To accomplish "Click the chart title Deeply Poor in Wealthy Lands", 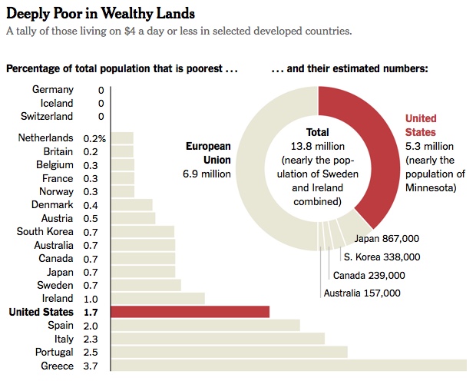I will click(x=101, y=13).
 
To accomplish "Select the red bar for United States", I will click(x=190, y=312).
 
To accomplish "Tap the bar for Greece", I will click(x=289, y=366).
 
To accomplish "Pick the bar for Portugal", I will click(x=229, y=352).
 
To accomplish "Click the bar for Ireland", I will click(x=157, y=298).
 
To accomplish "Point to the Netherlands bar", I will click(x=122, y=138).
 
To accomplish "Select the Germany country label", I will click(x=53, y=90).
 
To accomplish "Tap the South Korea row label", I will click(x=45, y=231).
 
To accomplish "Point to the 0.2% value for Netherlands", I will click(x=95, y=138).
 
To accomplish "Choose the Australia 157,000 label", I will click(x=362, y=293).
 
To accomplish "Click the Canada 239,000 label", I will click(x=369, y=275).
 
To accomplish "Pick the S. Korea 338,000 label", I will click(x=382, y=257).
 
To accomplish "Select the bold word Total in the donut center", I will click(x=317, y=132).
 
